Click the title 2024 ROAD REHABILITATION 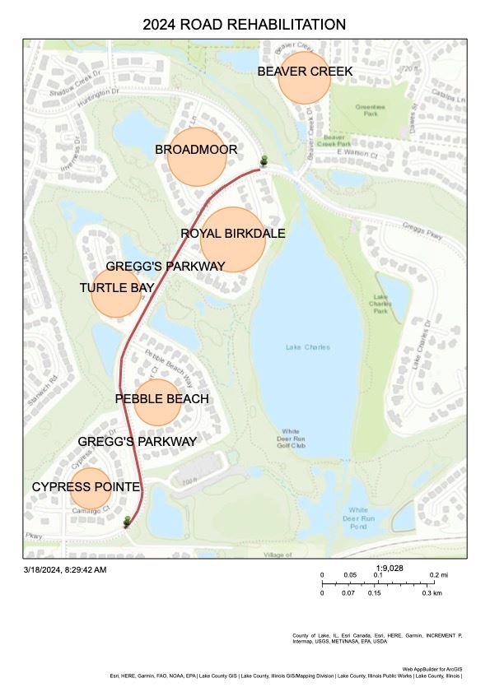click(x=244, y=24)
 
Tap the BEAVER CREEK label click(x=305, y=72)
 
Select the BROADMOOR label click(x=196, y=150)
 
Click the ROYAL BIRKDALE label click(x=233, y=234)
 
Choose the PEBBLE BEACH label click(x=161, y=399)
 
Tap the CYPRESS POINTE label click(x=86, y=487)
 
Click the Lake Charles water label click(x=307, y=347)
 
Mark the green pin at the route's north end click(x=264, y=160)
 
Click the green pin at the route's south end click(x=127, y=522)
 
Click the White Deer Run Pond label click(x=357, y=518)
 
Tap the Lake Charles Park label click(x=380, y=304)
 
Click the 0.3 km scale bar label click(x=432, y=592)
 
